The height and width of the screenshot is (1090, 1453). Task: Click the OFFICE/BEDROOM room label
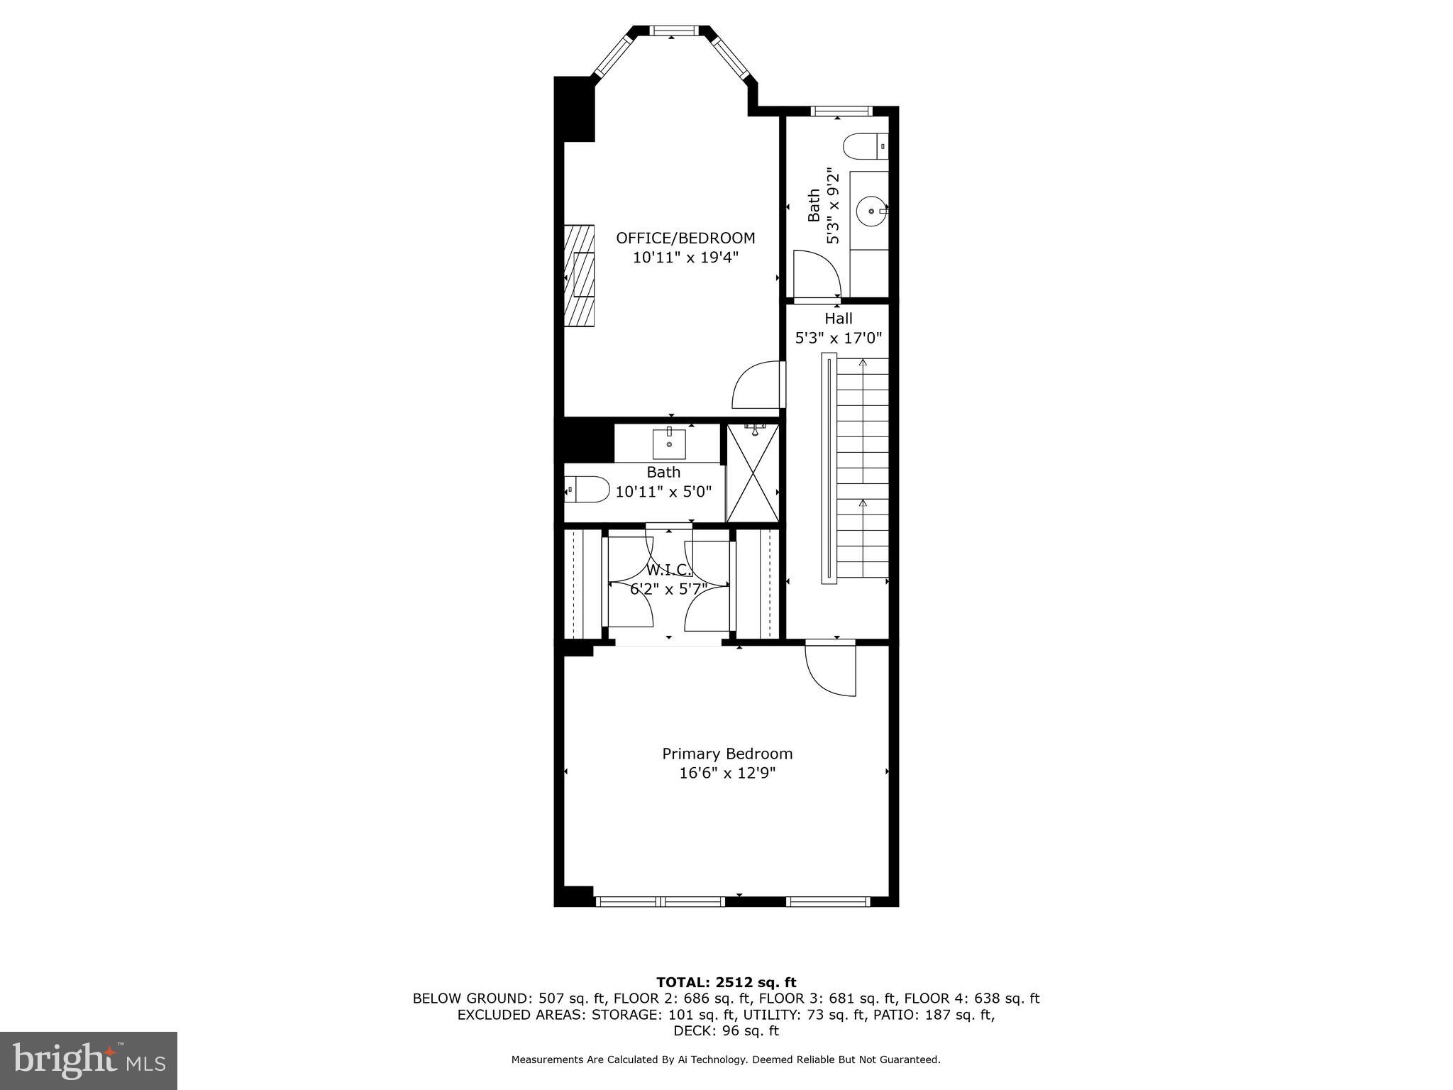pyautogui.click(x=685, y=238)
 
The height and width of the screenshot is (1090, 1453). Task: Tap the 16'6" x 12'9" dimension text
pyautogui.click(x=727, y=774)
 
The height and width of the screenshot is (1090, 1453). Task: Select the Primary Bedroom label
pyautogui.click(x=727, y=754)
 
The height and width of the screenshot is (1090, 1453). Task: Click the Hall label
pyautogui.click(x=838, y=319)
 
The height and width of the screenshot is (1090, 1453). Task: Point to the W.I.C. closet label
pyautogui.click(x=668, y=570)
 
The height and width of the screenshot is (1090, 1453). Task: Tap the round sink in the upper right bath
pyautogui.click(x=871, y=211)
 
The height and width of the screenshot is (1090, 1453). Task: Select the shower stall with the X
pyautogui.click(x=753, y=473)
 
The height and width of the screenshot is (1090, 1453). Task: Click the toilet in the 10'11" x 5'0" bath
pyautogui.click(x=587, y=490)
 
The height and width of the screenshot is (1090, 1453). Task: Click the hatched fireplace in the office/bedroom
pyautogui.click(x=580, y=275)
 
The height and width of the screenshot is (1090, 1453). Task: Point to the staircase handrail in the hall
pyautogui.click(x=829, y=468)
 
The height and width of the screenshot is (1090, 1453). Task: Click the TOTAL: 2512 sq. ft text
pyautogui.click(x=726, y=982)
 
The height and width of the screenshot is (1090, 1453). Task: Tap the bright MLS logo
pyautogui.click(x=89, y=1061)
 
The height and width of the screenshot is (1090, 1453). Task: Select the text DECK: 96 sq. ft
pyautogui.click(x=726, y=1030)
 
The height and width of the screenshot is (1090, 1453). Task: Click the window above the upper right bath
pyautogui.click(x=841, y=111)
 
